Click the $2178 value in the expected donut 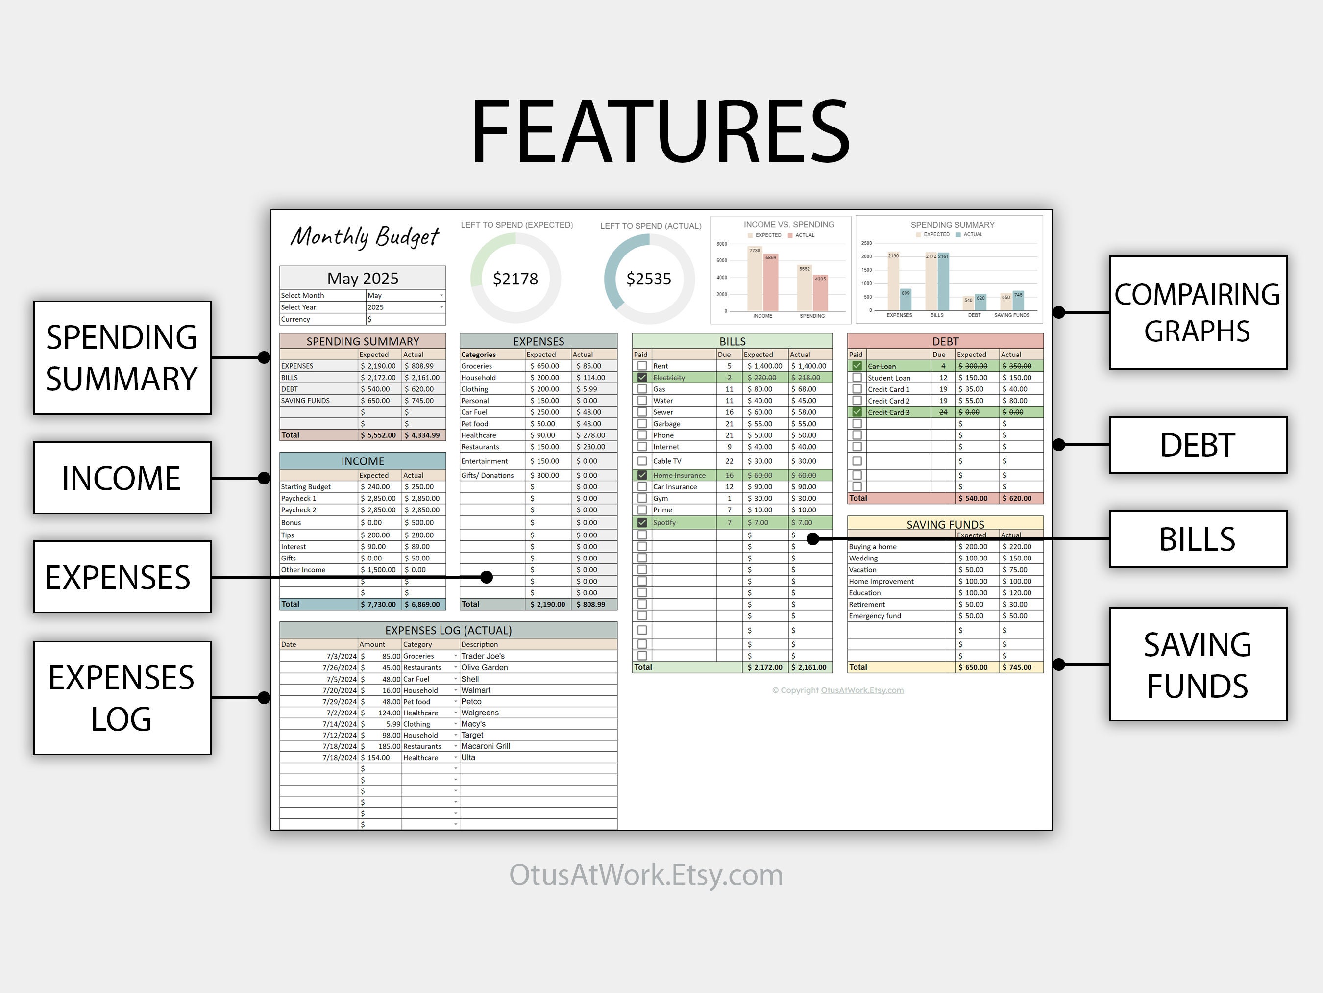[x=515, y=279]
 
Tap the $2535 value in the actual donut [x=648, y=279]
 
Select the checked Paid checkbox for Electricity [x=642, y=378]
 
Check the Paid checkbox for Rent [x=642, y=366]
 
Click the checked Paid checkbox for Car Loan [x=857, y=366]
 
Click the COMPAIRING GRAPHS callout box [x=1198, y=312]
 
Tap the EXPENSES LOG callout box [x=122, y=698]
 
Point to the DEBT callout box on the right [x=1198, y=445]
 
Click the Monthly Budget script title [x=365, y=237]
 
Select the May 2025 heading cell [x=363, y=279]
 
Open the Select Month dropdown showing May [x=406, y=296]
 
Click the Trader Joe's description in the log [x=483, y=656]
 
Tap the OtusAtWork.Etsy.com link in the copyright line [x=862, y=690]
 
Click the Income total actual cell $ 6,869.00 [x=423, y=605]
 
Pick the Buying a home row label [x=873, y=546]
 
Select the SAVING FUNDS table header [x=945, y=524]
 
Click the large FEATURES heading [x=661, y=132]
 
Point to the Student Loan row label [x=889, y=378]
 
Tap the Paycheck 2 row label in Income [x=298, y=510]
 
